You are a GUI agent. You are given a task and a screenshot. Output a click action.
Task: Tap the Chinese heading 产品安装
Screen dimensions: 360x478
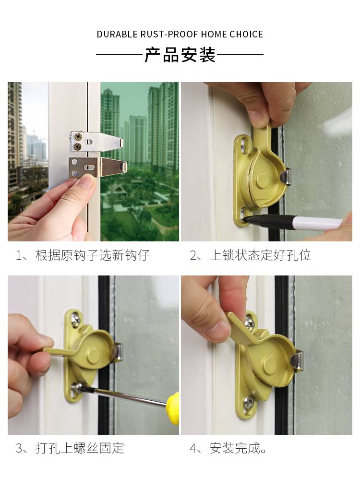[x=180, y=55]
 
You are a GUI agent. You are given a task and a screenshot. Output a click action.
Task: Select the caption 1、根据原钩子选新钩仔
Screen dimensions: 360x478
[x=83, y=255]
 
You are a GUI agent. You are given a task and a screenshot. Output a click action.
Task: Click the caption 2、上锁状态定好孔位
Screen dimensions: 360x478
[x=250, y=255]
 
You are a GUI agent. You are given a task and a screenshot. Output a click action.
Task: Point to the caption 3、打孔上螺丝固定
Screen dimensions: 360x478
[x=70, y=448]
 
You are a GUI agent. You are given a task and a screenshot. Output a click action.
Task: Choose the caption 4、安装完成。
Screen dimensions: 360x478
[x=228, y=448]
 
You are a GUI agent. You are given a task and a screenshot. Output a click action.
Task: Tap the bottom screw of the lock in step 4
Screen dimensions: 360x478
[x=249, y=402]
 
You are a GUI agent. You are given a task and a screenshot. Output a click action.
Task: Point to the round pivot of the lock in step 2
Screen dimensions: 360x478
[x=262, y=180]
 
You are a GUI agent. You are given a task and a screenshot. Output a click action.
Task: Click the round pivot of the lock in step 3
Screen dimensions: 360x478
[x=93, y=354]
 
